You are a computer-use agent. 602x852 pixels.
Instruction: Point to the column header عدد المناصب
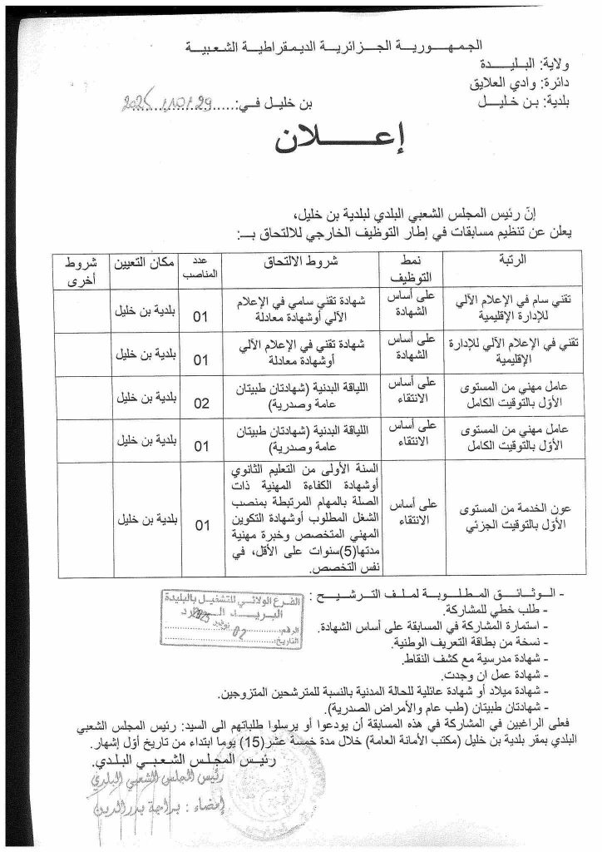[x=200, y=265]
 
